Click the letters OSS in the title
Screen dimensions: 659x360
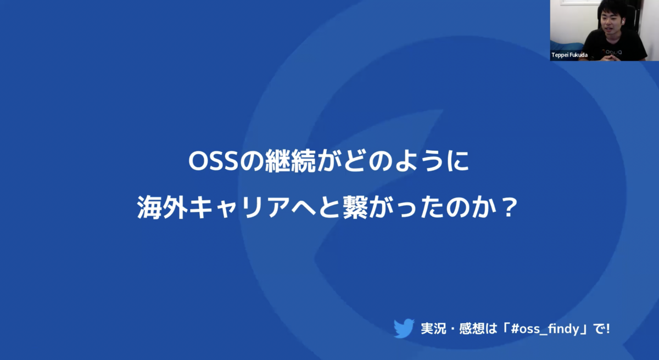pyautogui.click(x=213, y=162)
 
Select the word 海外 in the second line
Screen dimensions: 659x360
pyautogui.click(x=163, y=207)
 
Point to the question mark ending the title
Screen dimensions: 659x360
pyautogui.click(x=510, y=207)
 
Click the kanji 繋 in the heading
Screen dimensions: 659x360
pyautogui.click(x=355, y=207)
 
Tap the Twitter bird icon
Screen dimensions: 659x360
pyautogui.click(x=404, y=328)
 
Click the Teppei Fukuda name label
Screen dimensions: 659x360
pyautogui.click(x=569, y=55)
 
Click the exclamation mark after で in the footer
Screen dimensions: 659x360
pyautogui.click(x=608, y=329)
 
